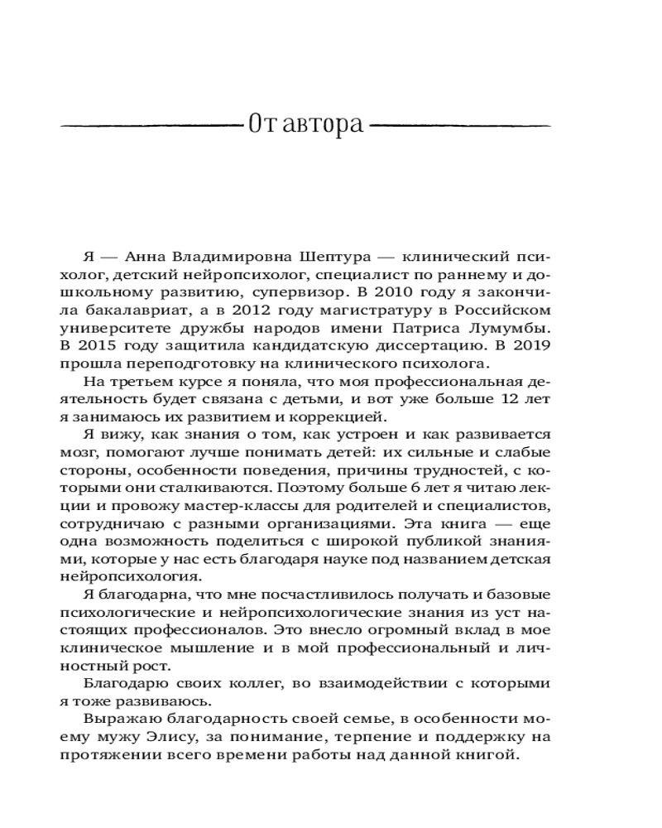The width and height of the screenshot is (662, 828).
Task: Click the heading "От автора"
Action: [305, 126]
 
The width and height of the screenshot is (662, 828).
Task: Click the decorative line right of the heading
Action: [460, 126]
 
